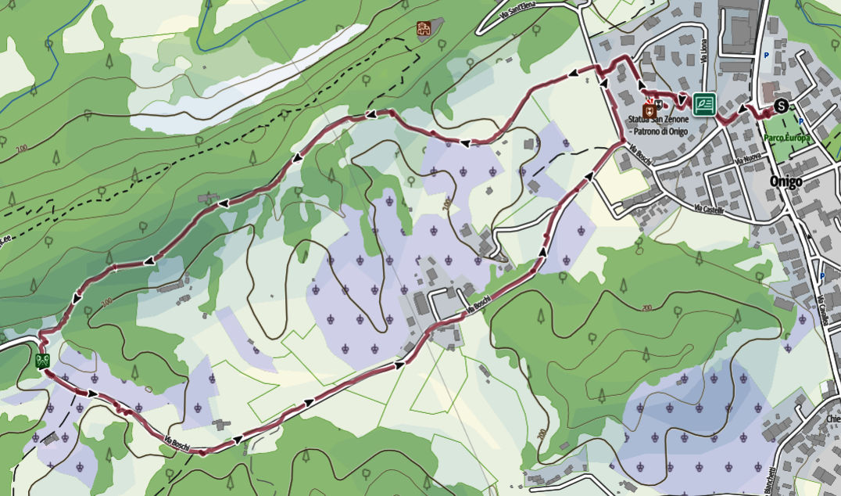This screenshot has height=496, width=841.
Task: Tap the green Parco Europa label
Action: coord(788,138)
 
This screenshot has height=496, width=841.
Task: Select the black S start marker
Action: coord(780,106)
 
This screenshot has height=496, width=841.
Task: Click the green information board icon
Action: coord(703,102)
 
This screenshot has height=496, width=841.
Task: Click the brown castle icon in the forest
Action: coord(424,30)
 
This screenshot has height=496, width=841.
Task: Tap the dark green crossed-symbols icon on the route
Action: coord(43,361)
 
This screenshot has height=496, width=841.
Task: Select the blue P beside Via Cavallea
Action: coord(823,276)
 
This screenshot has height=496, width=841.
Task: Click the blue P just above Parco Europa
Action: coord(801,120)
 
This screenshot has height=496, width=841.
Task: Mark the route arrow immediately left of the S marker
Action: coord(740,109)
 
